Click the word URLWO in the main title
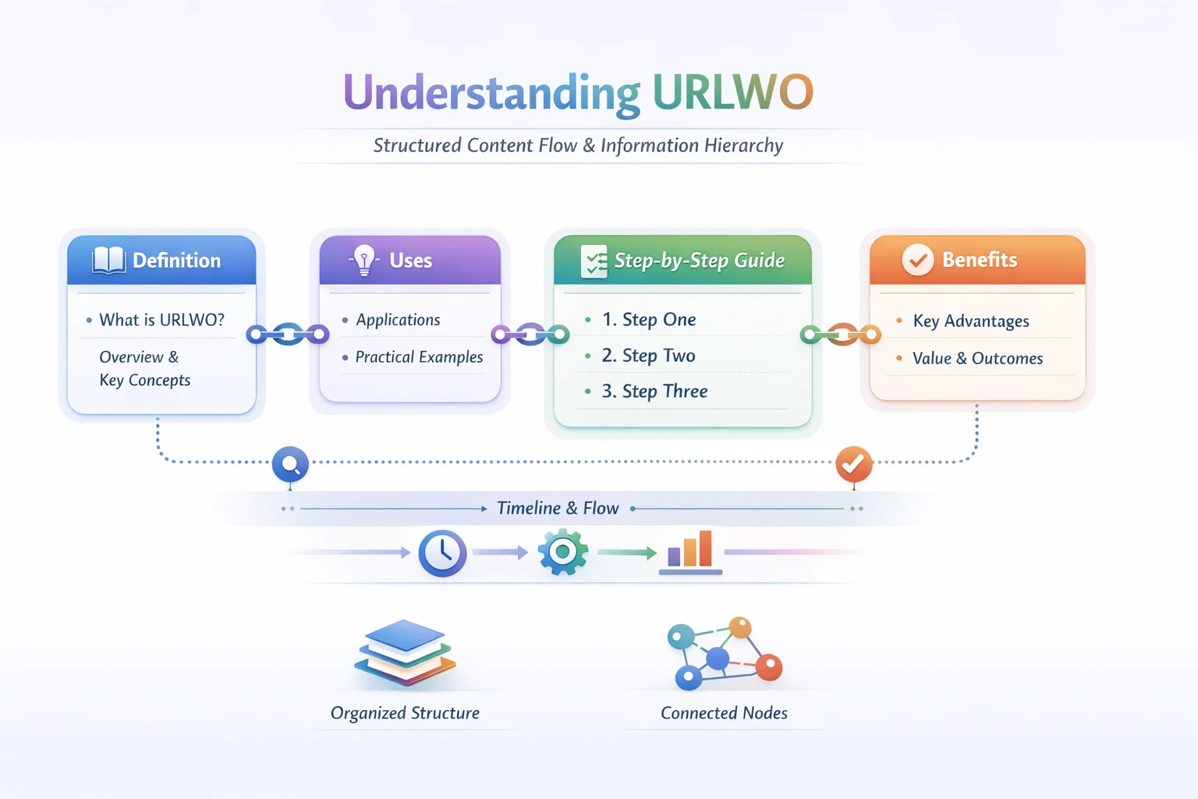(732, 92)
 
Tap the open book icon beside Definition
(108, 260)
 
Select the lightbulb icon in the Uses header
(363, 260)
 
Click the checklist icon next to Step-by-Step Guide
(594, 261)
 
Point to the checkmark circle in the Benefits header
(917, 260)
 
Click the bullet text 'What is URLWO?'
(161, 320)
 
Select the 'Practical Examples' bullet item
(419, 357)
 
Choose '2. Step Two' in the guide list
(648, 356)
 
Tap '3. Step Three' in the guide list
(654, 392)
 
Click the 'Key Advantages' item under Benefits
(970, 321)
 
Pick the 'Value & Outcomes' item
(977, 359)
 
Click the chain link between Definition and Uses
(288, 335)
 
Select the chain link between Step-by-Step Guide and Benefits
(841, 335)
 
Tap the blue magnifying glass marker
(290, 465)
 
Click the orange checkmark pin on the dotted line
(853, 464)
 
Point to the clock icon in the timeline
(442, 553)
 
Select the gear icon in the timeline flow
(562, 552)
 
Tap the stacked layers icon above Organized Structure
(405, 652)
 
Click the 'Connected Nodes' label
(724, 713)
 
